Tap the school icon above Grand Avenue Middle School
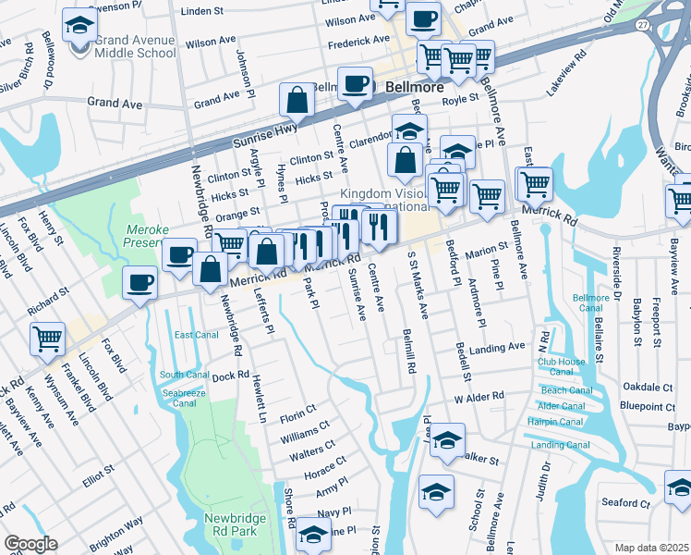[x=80, y=24]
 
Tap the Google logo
[x=30, y=544]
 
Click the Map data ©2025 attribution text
[x=652, y=548]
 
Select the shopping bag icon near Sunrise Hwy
[x=298, y=101]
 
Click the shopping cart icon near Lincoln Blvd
[x=47, y=338]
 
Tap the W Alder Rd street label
[x=479, y=396]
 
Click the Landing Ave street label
[x=497, y=348]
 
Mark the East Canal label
[x=195, y=335]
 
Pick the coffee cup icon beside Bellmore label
[x=355, y=83]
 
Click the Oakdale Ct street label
[x=648, y=387]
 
